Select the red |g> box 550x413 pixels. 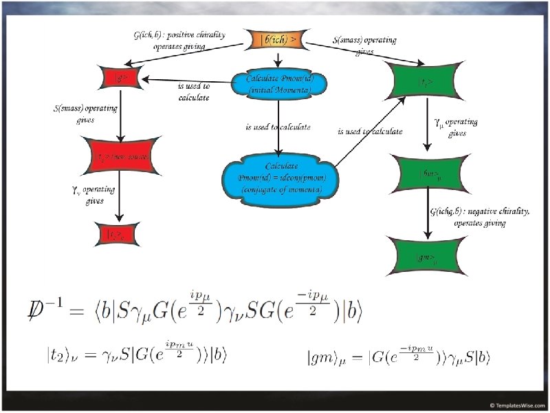121,79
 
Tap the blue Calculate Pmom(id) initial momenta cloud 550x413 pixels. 279,83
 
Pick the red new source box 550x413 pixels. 120,157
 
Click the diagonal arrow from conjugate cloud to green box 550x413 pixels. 368,131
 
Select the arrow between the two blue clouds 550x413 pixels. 278,127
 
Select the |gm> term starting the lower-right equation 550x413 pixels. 327,358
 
